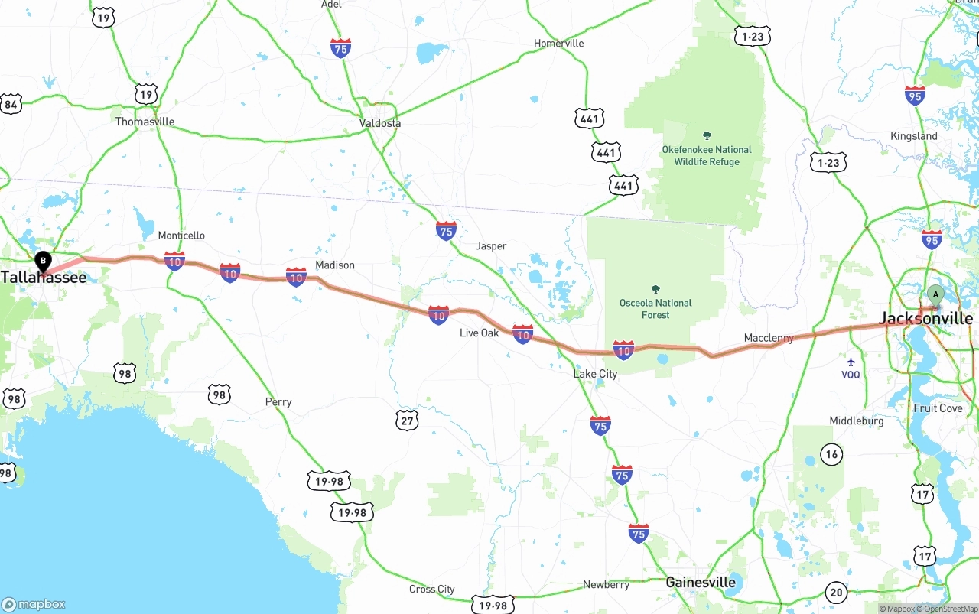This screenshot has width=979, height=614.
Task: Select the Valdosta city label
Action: point(380,123)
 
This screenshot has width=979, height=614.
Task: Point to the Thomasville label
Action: point(145,122)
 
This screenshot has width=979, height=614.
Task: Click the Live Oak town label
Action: point(479,333)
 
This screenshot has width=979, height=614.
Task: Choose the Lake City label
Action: point(595,374)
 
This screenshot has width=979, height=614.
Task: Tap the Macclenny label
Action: point(769,338)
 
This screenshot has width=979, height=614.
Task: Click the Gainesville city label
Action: point(701,582)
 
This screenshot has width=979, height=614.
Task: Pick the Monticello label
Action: point(181,236)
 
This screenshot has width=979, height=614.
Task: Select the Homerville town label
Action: point(558,44)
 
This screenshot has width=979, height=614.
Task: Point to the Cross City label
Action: point(431,589)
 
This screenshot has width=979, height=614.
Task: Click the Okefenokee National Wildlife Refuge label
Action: point(707,155)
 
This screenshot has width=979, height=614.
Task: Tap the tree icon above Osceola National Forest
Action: point(655,289)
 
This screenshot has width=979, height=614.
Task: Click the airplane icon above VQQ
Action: point(851,362)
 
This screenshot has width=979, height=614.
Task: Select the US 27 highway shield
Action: point(408,420)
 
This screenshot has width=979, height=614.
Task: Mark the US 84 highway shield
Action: point(11,104)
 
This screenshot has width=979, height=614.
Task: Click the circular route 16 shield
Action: point(832,454)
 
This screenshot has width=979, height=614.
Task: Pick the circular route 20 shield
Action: point(836,592)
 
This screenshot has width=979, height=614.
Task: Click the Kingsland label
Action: point(913,136)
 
